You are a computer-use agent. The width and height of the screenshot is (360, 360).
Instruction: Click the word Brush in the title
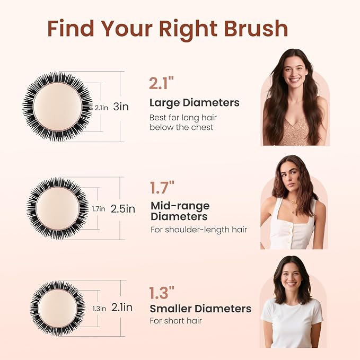point(256,29)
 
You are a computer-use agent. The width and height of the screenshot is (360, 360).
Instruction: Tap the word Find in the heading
point(71,28)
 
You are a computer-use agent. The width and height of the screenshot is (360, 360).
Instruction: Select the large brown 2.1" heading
point(161,83)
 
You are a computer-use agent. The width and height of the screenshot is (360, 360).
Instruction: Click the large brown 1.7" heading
point(162,187)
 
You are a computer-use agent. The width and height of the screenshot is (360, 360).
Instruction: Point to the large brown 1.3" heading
point(162,293)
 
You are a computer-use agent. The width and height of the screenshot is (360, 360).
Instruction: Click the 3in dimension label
point(121,107)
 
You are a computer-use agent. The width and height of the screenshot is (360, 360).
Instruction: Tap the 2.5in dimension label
point(123,209)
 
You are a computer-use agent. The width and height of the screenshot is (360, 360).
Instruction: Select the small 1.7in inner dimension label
point(99,209)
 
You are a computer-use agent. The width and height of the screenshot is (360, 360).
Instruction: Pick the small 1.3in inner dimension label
point(99,309)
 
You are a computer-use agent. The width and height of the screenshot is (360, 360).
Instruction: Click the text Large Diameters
point(195,103)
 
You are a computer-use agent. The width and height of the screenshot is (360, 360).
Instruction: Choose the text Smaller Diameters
point(200,309)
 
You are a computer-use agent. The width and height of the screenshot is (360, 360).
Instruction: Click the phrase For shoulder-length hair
point(199,230)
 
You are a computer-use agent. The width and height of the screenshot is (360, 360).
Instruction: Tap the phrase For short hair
point(176,321)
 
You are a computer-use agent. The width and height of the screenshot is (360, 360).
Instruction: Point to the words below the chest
point(181,127)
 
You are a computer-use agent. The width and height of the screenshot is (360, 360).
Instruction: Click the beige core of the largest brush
point(58,107)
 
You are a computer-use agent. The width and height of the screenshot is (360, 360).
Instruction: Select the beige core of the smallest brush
point(58,309)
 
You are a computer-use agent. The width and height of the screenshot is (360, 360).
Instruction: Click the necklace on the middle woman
point(292,206)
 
